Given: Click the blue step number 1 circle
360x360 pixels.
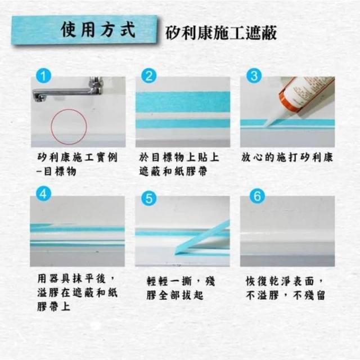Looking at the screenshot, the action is (x=44, y=76).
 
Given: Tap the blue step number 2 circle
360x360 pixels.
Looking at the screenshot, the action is (x=148, y=76).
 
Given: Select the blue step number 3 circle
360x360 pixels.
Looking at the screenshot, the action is (x=254, y=76).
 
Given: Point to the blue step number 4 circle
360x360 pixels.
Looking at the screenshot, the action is (x=44, y=195).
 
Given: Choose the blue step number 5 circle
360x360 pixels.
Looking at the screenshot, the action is (x=148, y=199).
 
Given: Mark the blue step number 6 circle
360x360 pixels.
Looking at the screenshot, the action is (x=257, y=196).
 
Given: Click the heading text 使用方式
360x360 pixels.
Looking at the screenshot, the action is (x=98, y=30).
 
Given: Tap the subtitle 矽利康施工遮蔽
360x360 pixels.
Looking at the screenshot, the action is (x=221, y=33).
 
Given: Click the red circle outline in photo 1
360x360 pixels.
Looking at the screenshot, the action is (x=51, y=127).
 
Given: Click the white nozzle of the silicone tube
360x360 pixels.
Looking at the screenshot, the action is (x=272, y=119).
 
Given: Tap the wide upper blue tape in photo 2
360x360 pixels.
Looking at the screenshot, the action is (x=183, y=102).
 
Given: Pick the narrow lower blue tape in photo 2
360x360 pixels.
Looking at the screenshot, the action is (x=183, y=124).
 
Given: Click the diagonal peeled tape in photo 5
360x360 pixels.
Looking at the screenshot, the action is (x=202, y=237).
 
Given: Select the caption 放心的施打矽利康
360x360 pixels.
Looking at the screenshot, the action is (x=287, y=157).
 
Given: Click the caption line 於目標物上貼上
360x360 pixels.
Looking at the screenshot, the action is (x=179, y=157).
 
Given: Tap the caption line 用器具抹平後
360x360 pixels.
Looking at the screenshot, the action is (x=71, y=279).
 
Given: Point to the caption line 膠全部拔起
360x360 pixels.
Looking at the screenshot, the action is (x=175, y=295).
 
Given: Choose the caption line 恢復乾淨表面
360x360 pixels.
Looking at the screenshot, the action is (x=280, y=281).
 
